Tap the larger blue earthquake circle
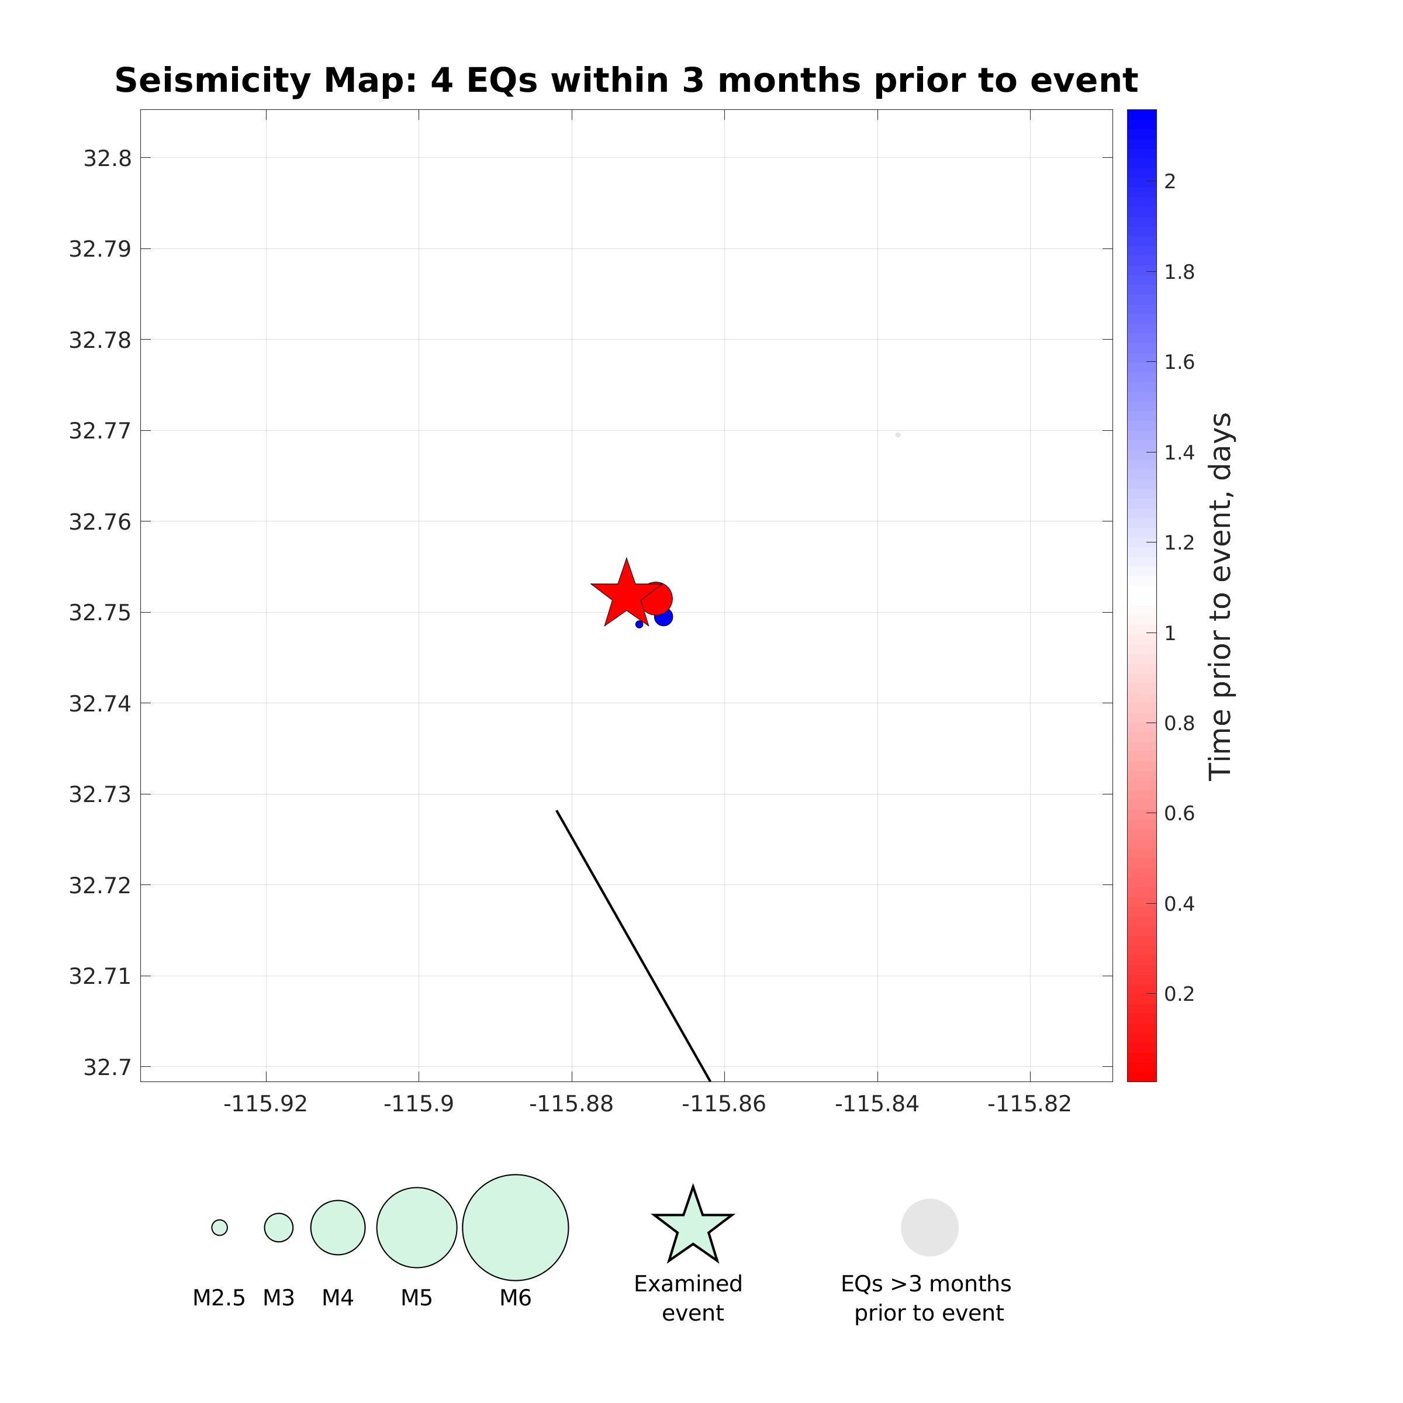[664, 617]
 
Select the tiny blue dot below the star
[639, 624]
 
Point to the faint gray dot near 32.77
[899, 435]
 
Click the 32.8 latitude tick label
[108, 158]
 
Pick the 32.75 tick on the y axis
[100, 613]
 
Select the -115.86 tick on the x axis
[724, 1104]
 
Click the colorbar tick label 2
[1169, 182]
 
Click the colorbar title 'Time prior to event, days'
[1220, 596]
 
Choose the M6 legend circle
[516, 1227]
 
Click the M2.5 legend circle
[219, 1227]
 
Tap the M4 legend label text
[338, 1298]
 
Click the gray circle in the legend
[929, 1227]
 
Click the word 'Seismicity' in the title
[213, 81]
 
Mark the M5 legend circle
[417, 1227]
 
